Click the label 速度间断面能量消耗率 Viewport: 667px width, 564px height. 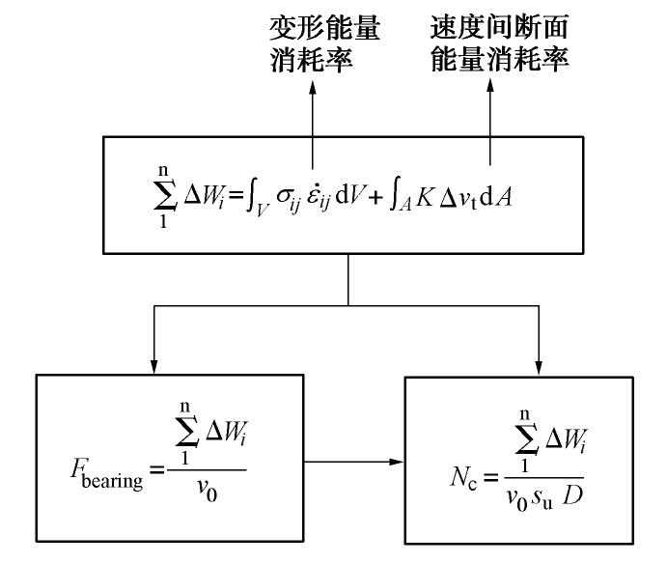pyautogui.click(x=499, y=44)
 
